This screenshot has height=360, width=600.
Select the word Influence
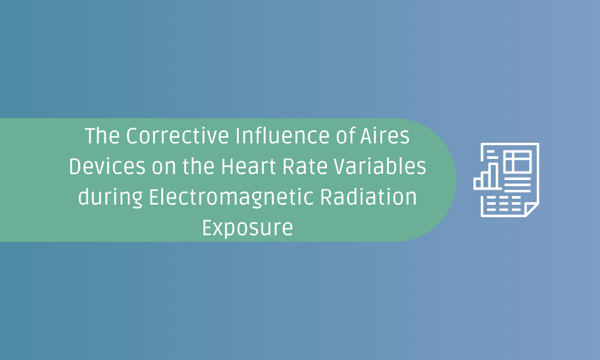point(283,136)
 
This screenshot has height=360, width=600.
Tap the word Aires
point(385,136)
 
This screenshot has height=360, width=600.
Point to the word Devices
point(107,166)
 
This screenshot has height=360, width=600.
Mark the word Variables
point(380,166)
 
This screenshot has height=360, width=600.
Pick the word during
point(110,198)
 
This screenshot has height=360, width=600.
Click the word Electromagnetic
point(232,198)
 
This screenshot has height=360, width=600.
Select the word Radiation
point(368,197)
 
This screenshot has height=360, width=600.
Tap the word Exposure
point(248,229)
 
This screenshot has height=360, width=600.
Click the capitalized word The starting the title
point(102,136)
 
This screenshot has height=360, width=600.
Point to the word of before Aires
point(345,136)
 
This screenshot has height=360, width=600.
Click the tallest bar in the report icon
point(494,176)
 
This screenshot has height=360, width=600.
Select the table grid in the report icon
point(518,161)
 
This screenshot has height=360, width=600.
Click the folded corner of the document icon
point(532,209)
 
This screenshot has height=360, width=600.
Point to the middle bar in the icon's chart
point(486,180)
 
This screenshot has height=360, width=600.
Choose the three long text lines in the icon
point(517,184)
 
